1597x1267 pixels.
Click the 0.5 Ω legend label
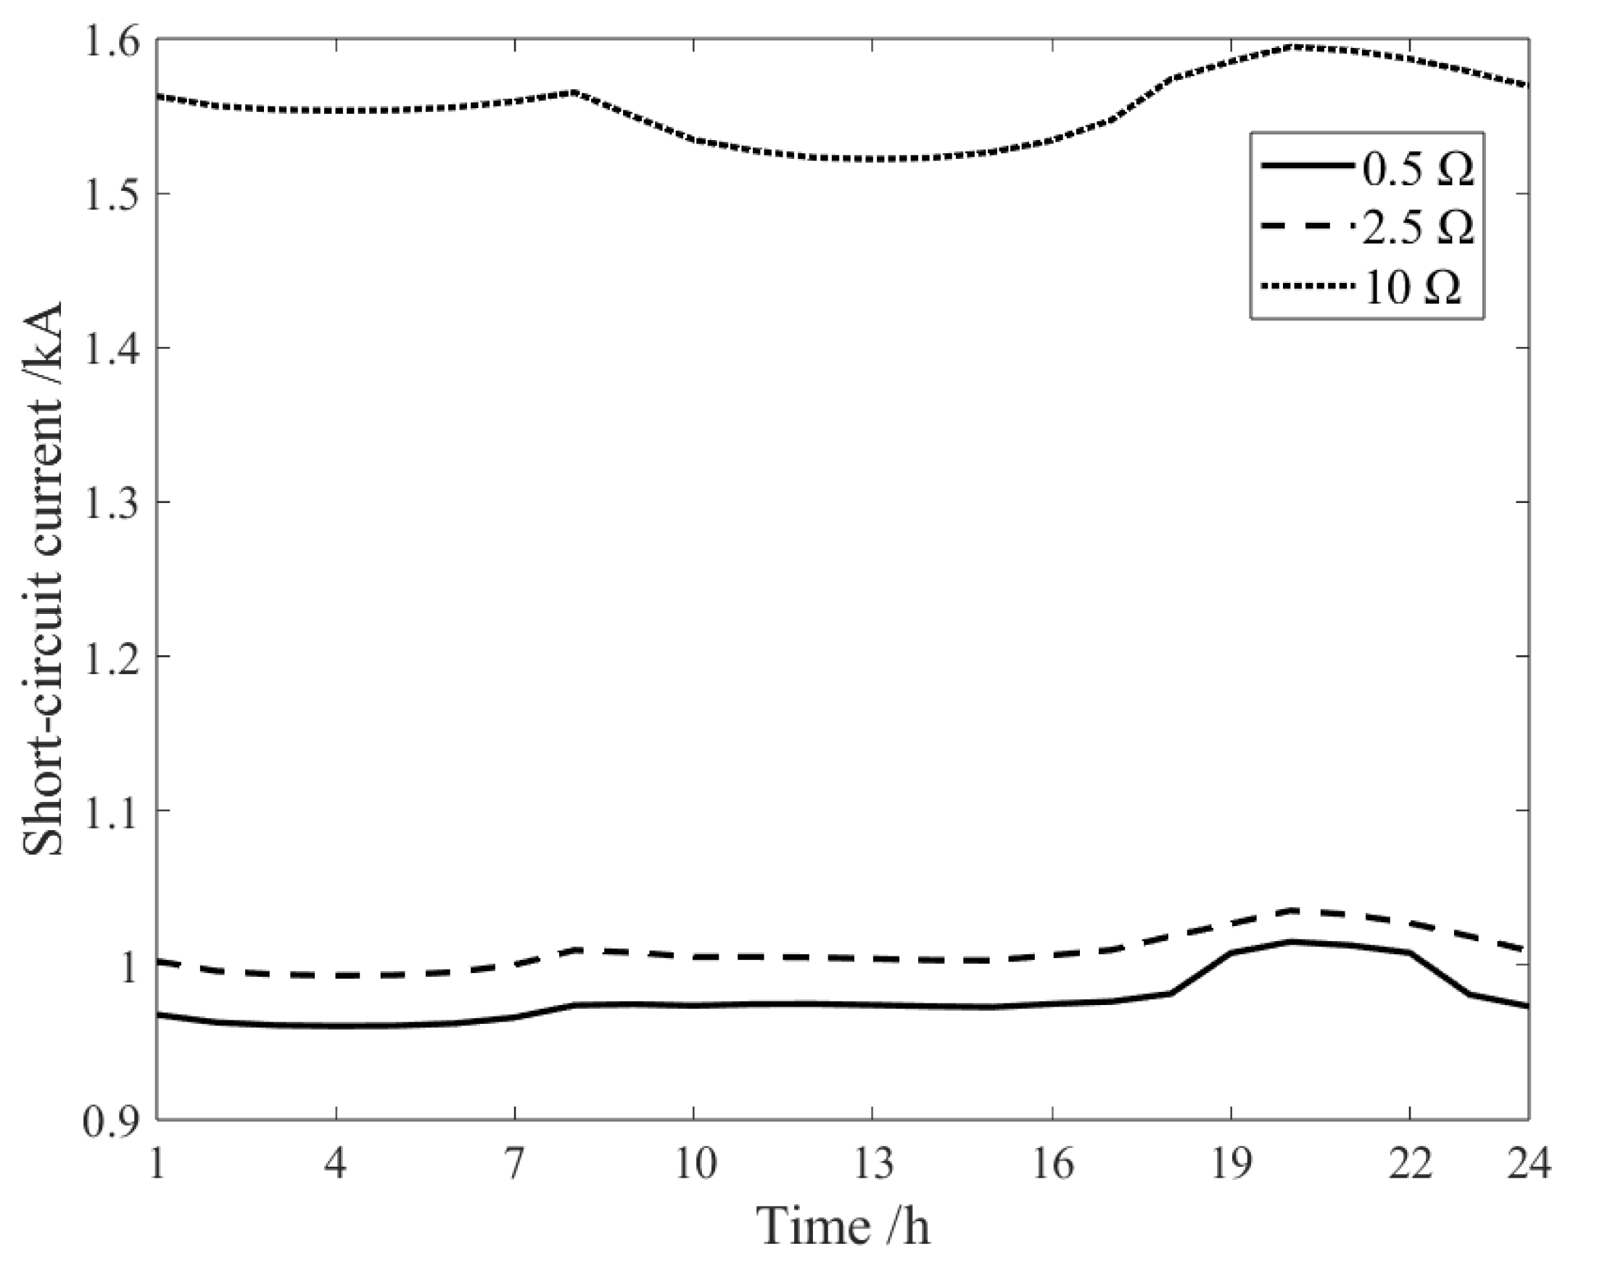point(1418,170)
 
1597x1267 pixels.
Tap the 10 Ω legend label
point(1412,287)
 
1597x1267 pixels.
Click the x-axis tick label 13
point(872,1165)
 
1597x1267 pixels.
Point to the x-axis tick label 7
point(515,1165)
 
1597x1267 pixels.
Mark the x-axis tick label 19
point(1231,1165)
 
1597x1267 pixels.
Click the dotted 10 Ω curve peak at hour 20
point(1291,46)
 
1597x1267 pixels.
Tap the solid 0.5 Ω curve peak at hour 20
point(1291,942)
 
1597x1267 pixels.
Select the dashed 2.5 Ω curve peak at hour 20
point(1291,910)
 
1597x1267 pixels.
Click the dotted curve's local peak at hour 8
point(575,93)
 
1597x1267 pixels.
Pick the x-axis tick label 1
point(157,1165)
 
